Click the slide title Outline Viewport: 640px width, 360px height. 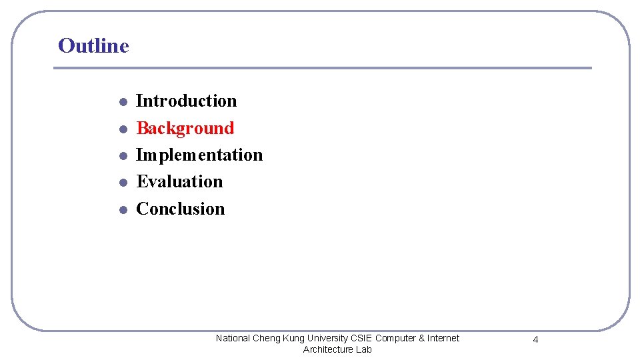click(x=93, y=46)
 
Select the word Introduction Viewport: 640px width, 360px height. click(x=187, y=101)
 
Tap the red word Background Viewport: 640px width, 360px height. click(x=185, y=128)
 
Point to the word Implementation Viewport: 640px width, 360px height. click(x=199, y=155)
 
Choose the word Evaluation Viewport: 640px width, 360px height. click(x=179, y=181)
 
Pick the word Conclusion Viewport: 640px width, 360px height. click(x=181, y=209)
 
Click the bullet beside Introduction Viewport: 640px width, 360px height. click(x=123, y=103)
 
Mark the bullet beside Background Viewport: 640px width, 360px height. click(x=123, y=129)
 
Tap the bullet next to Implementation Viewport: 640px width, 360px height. click(x=123, y=156)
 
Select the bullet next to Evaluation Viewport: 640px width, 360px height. click(x=123, y=183)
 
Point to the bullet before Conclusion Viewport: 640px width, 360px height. click(x=123, y=209)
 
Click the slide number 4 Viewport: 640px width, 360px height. click(x=535, y=340)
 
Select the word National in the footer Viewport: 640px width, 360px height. click(x=233, y=339)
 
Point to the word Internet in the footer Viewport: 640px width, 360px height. click(x=443, y=339)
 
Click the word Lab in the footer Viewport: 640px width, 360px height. click(x=364, y=349)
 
